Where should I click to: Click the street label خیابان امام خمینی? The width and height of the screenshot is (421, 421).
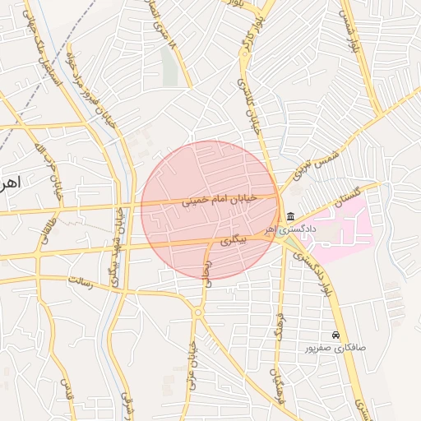pyautogui.click(x=220, y=199)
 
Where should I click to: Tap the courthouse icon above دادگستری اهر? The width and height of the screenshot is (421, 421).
pyautogui.click(x=290, y=217)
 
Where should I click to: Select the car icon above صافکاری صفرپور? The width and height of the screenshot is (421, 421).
pyautogui.click(x=335, y=335)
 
